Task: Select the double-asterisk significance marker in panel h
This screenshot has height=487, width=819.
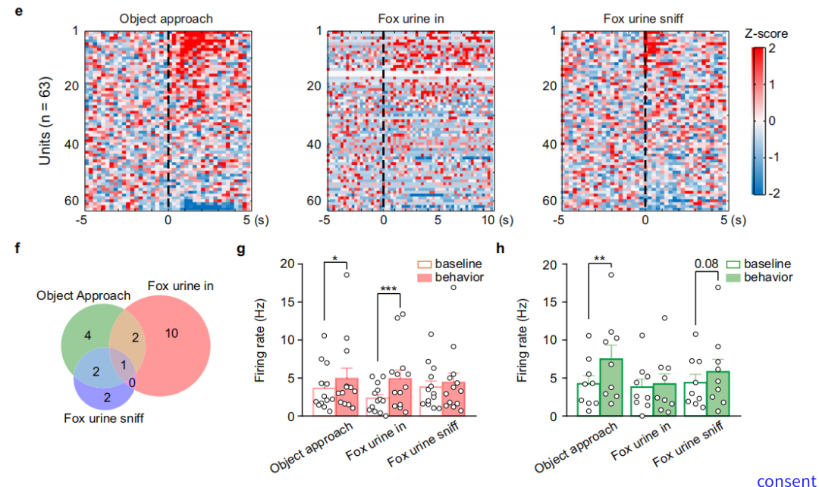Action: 599,259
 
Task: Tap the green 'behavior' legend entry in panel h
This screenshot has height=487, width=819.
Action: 761,277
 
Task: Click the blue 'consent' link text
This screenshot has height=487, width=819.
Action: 786,480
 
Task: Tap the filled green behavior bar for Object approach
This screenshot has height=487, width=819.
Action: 612,386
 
